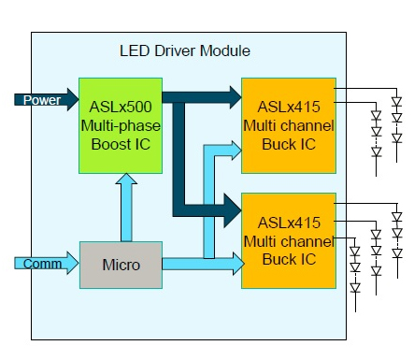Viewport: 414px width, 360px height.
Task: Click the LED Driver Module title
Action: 185,50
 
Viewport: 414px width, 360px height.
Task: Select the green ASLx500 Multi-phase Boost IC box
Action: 121,125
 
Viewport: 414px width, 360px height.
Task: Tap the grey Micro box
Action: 121,265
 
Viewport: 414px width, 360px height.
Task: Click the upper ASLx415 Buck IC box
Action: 289,125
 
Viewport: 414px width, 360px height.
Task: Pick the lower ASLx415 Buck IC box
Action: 289,240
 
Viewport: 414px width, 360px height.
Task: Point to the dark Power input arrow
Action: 47,100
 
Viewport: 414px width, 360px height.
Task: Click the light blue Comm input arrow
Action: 47,263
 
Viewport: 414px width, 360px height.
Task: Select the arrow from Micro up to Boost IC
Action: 126,208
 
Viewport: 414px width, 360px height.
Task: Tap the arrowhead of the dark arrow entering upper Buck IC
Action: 236,97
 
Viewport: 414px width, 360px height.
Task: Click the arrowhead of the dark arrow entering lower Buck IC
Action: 233,210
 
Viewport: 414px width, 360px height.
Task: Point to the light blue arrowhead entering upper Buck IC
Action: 236,151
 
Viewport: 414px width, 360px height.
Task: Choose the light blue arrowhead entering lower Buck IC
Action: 238,264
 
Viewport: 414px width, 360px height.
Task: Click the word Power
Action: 42,100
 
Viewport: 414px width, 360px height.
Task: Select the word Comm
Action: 42,264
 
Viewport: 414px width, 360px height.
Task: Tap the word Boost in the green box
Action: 111,144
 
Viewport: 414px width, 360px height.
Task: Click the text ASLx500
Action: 121,107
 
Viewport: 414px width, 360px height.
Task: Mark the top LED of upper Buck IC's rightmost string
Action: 396,102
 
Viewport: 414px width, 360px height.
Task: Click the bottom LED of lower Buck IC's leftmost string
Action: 355,288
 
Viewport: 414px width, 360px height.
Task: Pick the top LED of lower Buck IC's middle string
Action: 377,235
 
